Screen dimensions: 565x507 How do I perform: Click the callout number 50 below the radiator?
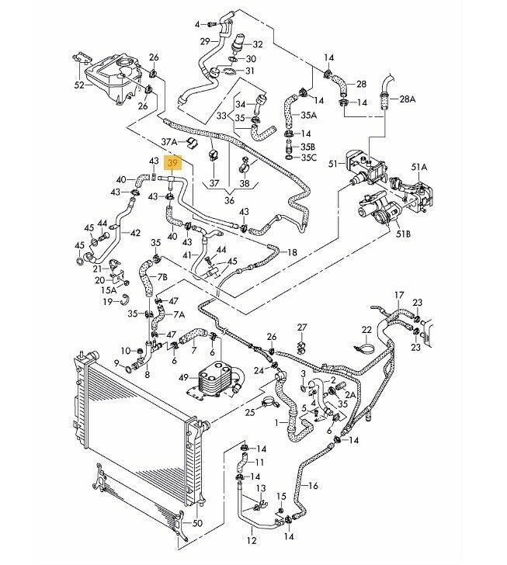pos(196,525)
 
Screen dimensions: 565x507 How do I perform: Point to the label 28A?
pos(408,99)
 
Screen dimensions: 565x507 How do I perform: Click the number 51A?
pos(420,165)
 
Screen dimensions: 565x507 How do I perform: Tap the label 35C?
pos(308,158)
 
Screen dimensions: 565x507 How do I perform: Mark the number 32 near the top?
pos(258,44)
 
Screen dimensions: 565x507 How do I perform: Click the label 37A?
pos(168,142)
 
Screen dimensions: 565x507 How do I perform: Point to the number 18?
pos(292,252)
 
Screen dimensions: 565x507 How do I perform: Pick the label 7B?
pos(162,276)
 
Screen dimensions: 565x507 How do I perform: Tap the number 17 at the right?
pos(399,295)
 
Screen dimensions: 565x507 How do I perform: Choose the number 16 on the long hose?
pos(314,487)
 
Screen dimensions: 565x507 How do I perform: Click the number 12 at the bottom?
pos(251,540)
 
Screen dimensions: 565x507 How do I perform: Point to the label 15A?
pos(111,290)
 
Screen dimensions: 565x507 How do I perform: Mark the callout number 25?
pos(250,412)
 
